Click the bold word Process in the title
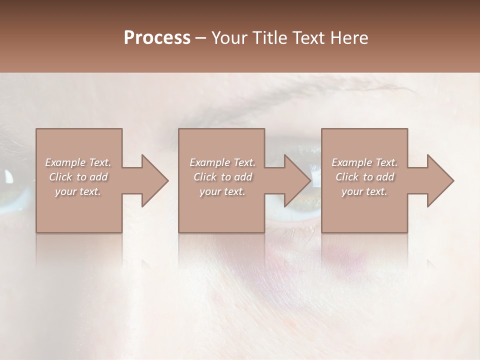(x=157, y=38)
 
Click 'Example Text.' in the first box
(x=78, y=162)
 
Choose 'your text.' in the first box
(x=78, y=191)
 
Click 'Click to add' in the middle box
(x=222, y=177)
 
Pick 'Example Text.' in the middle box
(x=222, y=162)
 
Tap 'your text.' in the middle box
(x=222, y=191)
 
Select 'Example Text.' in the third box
(x=364, y=162)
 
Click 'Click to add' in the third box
(x=364, y=177)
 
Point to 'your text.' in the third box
(x=364, y=191)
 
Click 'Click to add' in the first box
(x=78, y=177)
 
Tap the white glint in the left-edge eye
(x=9, y=176)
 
